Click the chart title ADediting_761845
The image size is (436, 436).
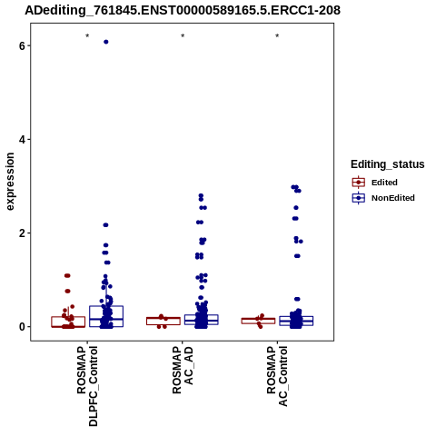point(183,11)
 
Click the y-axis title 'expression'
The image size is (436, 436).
point(10,182)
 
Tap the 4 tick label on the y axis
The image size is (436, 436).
point(22,140)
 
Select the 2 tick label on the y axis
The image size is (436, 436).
point(22,233)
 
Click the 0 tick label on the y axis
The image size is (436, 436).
point(22,327)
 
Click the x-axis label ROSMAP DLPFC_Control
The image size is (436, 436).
point(88,386)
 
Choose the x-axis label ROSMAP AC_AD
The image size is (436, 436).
point(183,370)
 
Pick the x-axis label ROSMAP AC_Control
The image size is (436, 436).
point(277,376)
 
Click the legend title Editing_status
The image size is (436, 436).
point(388,164)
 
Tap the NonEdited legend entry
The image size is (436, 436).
point(383,198)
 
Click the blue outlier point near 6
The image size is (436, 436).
point(106,42)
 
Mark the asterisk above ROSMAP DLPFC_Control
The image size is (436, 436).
point(87,36)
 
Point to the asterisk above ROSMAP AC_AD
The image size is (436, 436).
point(183,36)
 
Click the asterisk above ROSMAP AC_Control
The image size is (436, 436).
point(277,36)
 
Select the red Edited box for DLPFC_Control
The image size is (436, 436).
point(68,317)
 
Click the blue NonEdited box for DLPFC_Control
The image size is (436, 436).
point(106,306)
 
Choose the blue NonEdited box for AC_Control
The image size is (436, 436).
point(296,317)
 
